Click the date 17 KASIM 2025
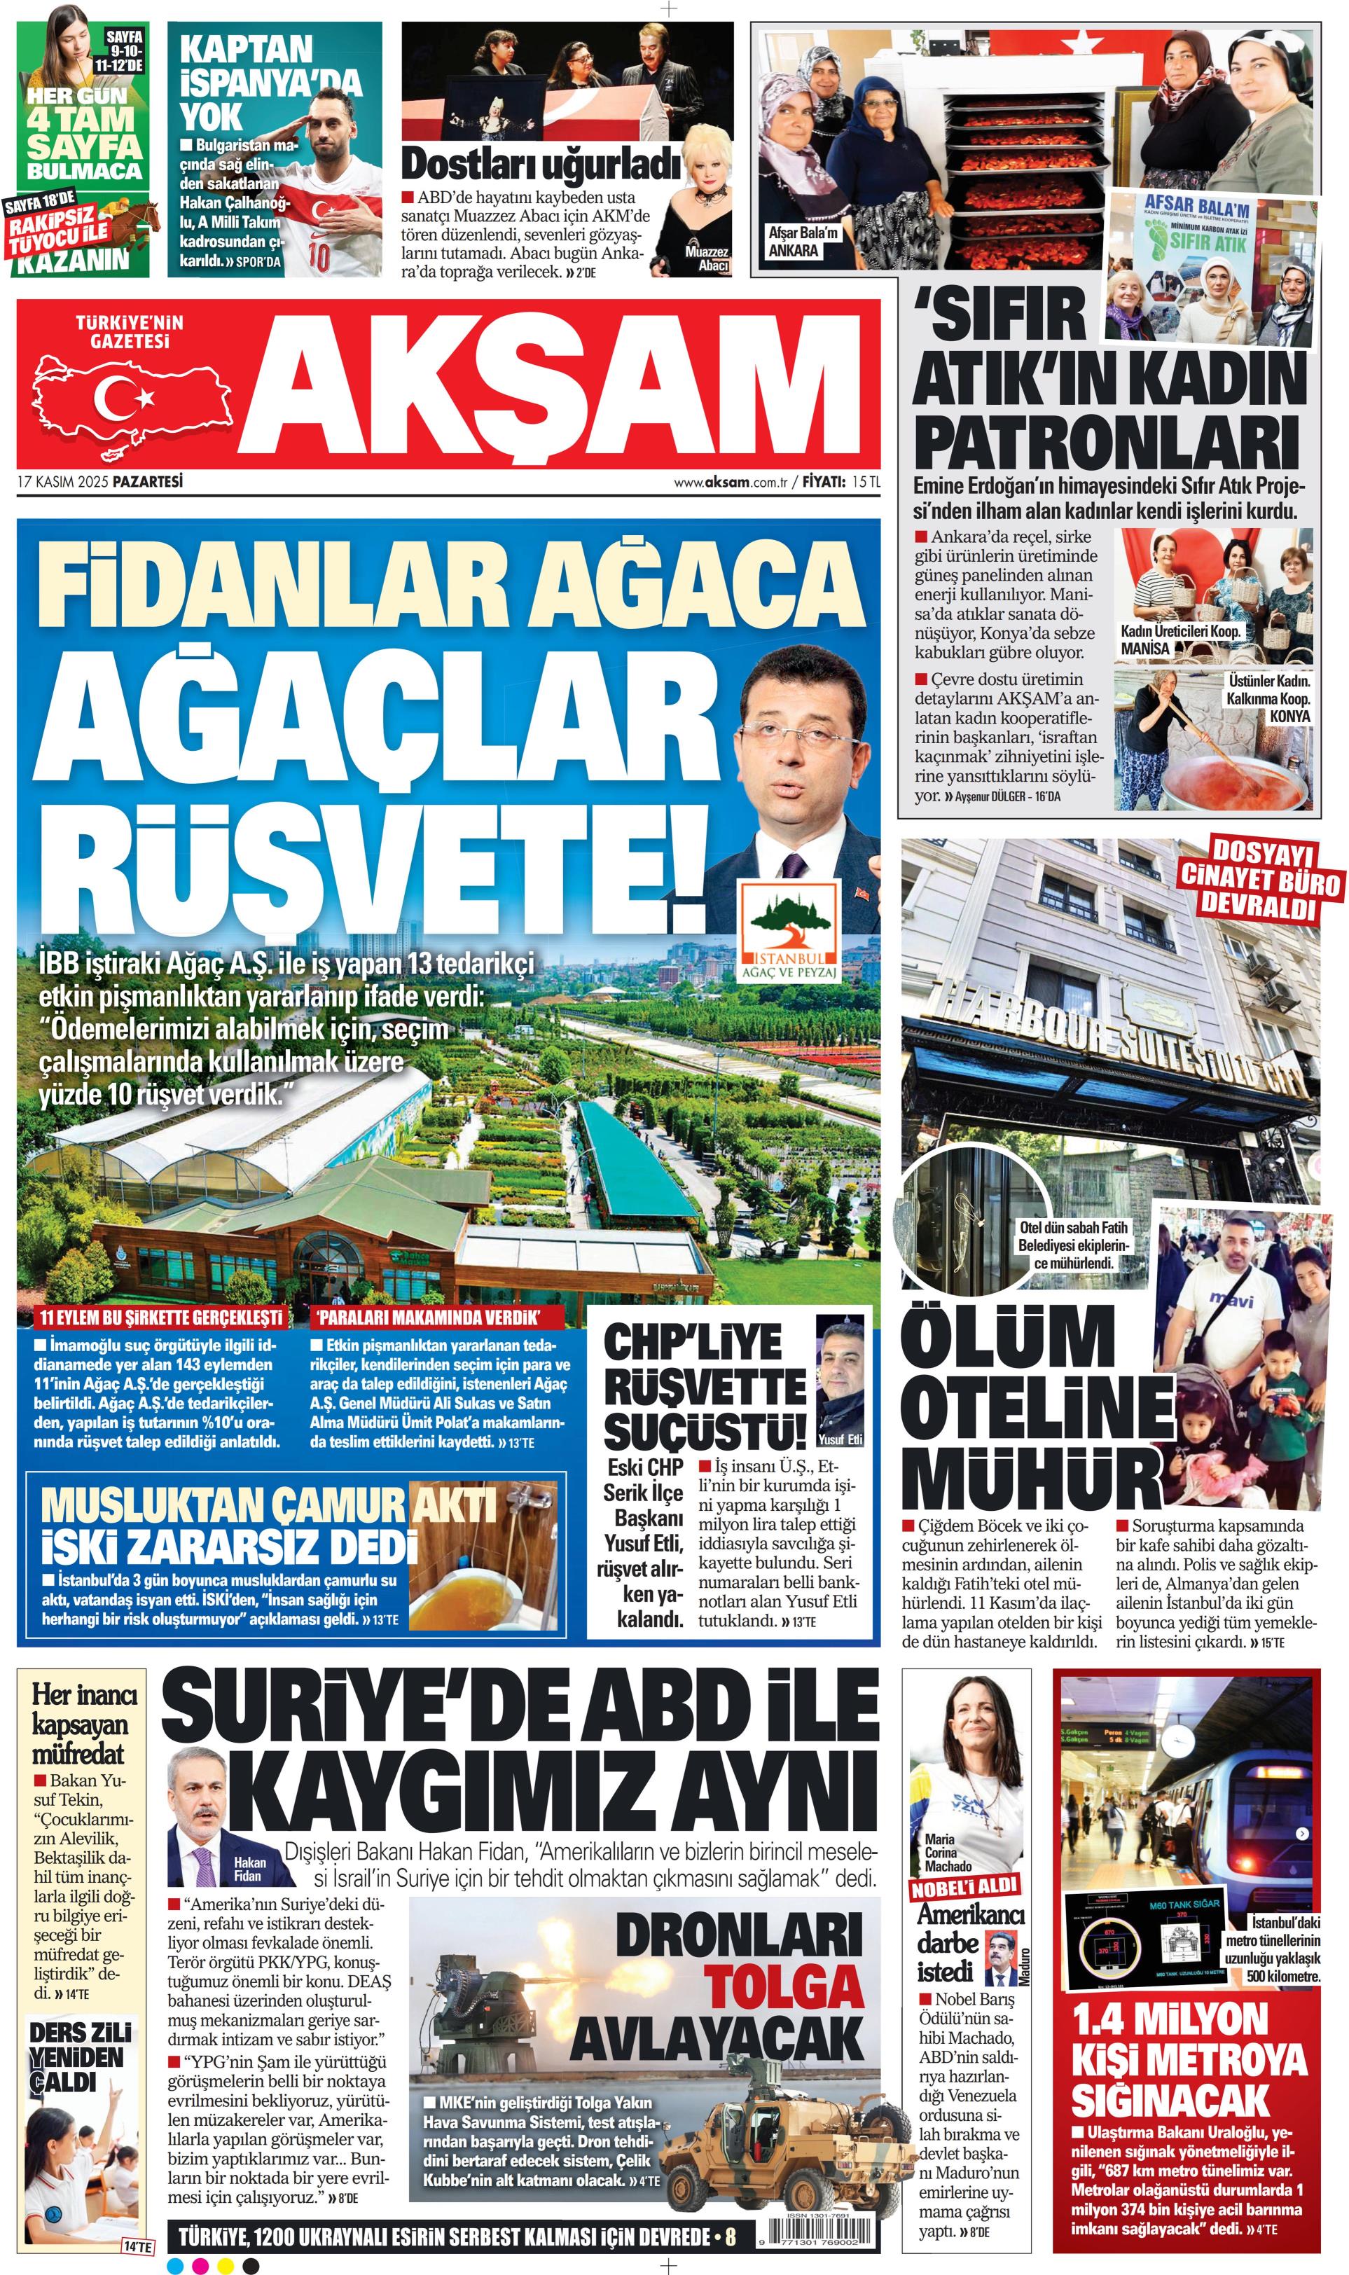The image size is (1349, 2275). click(64, 482)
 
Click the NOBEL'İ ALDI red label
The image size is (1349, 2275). click(964, 1887)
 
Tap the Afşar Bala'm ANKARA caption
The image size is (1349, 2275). click(803, 241)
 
